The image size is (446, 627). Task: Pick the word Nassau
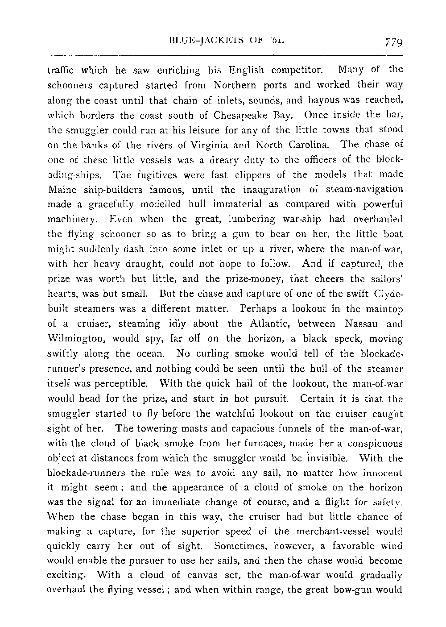click(x=362, y=324)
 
